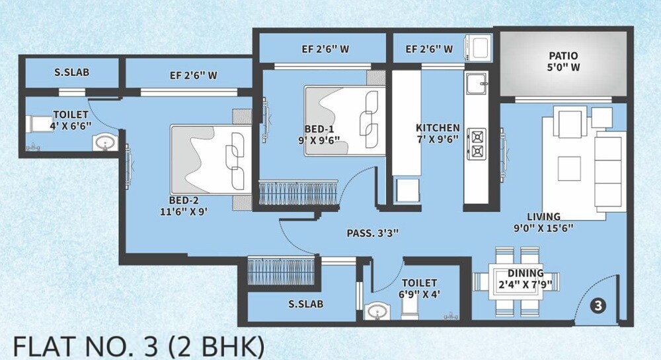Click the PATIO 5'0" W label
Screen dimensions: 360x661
coord(564,62)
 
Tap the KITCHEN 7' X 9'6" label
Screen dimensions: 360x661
coord(438,133)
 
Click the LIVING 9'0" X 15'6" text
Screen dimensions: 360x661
coord(543,222)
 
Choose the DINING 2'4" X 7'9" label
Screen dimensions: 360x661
coord(525,279)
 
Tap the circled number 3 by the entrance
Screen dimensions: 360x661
coord(597,306)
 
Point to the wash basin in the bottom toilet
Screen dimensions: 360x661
coord(377,311)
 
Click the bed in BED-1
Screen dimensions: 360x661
coord(344,121)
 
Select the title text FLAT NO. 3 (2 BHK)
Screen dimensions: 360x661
coord(139,345)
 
